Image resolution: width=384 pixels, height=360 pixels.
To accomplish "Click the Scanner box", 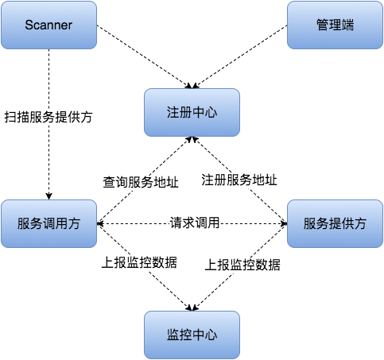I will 48,25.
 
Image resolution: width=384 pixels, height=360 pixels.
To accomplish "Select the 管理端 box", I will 335,25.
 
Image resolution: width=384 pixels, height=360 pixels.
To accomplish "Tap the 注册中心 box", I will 192,112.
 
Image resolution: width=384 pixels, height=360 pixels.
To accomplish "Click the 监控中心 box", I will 192,335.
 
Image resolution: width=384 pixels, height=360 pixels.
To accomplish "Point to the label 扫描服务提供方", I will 48,117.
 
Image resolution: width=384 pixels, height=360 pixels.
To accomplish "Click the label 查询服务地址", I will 141,181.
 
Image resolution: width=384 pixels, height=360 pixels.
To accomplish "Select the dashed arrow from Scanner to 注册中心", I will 143,56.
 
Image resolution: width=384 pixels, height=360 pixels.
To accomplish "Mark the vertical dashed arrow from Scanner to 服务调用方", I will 48,159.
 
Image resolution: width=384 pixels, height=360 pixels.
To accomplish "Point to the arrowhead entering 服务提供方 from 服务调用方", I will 282,223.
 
